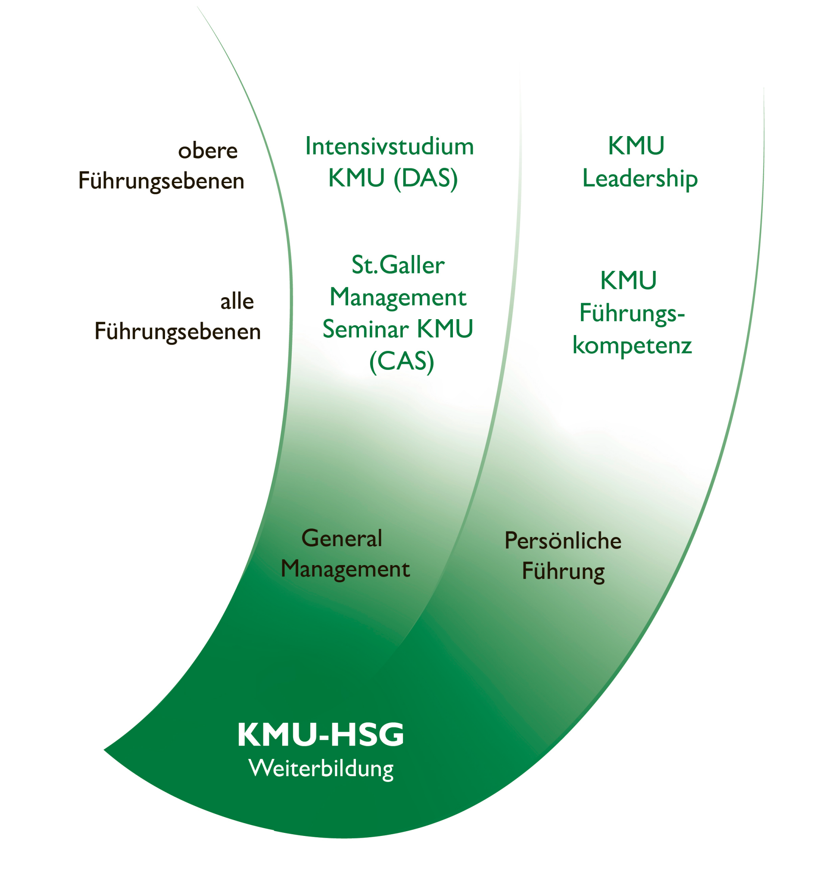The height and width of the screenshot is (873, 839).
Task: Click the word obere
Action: click(x=208, y=151)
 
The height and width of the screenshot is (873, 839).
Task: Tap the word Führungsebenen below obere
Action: click(x=161, y=181)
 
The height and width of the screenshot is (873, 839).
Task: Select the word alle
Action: click(x=237, y=301)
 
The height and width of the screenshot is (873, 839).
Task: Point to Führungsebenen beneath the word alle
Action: click(x=178, y=332)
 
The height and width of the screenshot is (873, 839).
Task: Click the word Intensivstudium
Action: click(x=389, y=146)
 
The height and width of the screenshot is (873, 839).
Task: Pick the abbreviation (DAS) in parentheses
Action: click(x=425, y=179)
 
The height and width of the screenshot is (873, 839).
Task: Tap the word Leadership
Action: click(x=640, y=179)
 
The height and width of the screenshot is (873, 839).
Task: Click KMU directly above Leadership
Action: click(x=636, y=146)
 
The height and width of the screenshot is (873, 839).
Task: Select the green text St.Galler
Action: click(x=398, y=265)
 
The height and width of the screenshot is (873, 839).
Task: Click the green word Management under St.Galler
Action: click(x=398, y=297)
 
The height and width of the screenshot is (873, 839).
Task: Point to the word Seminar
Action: click(x=365, y=329)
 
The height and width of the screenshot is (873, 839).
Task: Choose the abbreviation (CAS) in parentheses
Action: click(x=402, y=361)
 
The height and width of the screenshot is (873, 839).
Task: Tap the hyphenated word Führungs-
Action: click(x=632, y=313)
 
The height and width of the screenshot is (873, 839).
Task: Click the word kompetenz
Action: click(x=632, y=345)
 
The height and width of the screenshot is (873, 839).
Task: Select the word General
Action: click(x=342, y=538)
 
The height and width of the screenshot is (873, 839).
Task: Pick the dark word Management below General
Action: click(x=345, y=569)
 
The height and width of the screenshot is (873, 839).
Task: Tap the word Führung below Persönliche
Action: click(x=563, y=572)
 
